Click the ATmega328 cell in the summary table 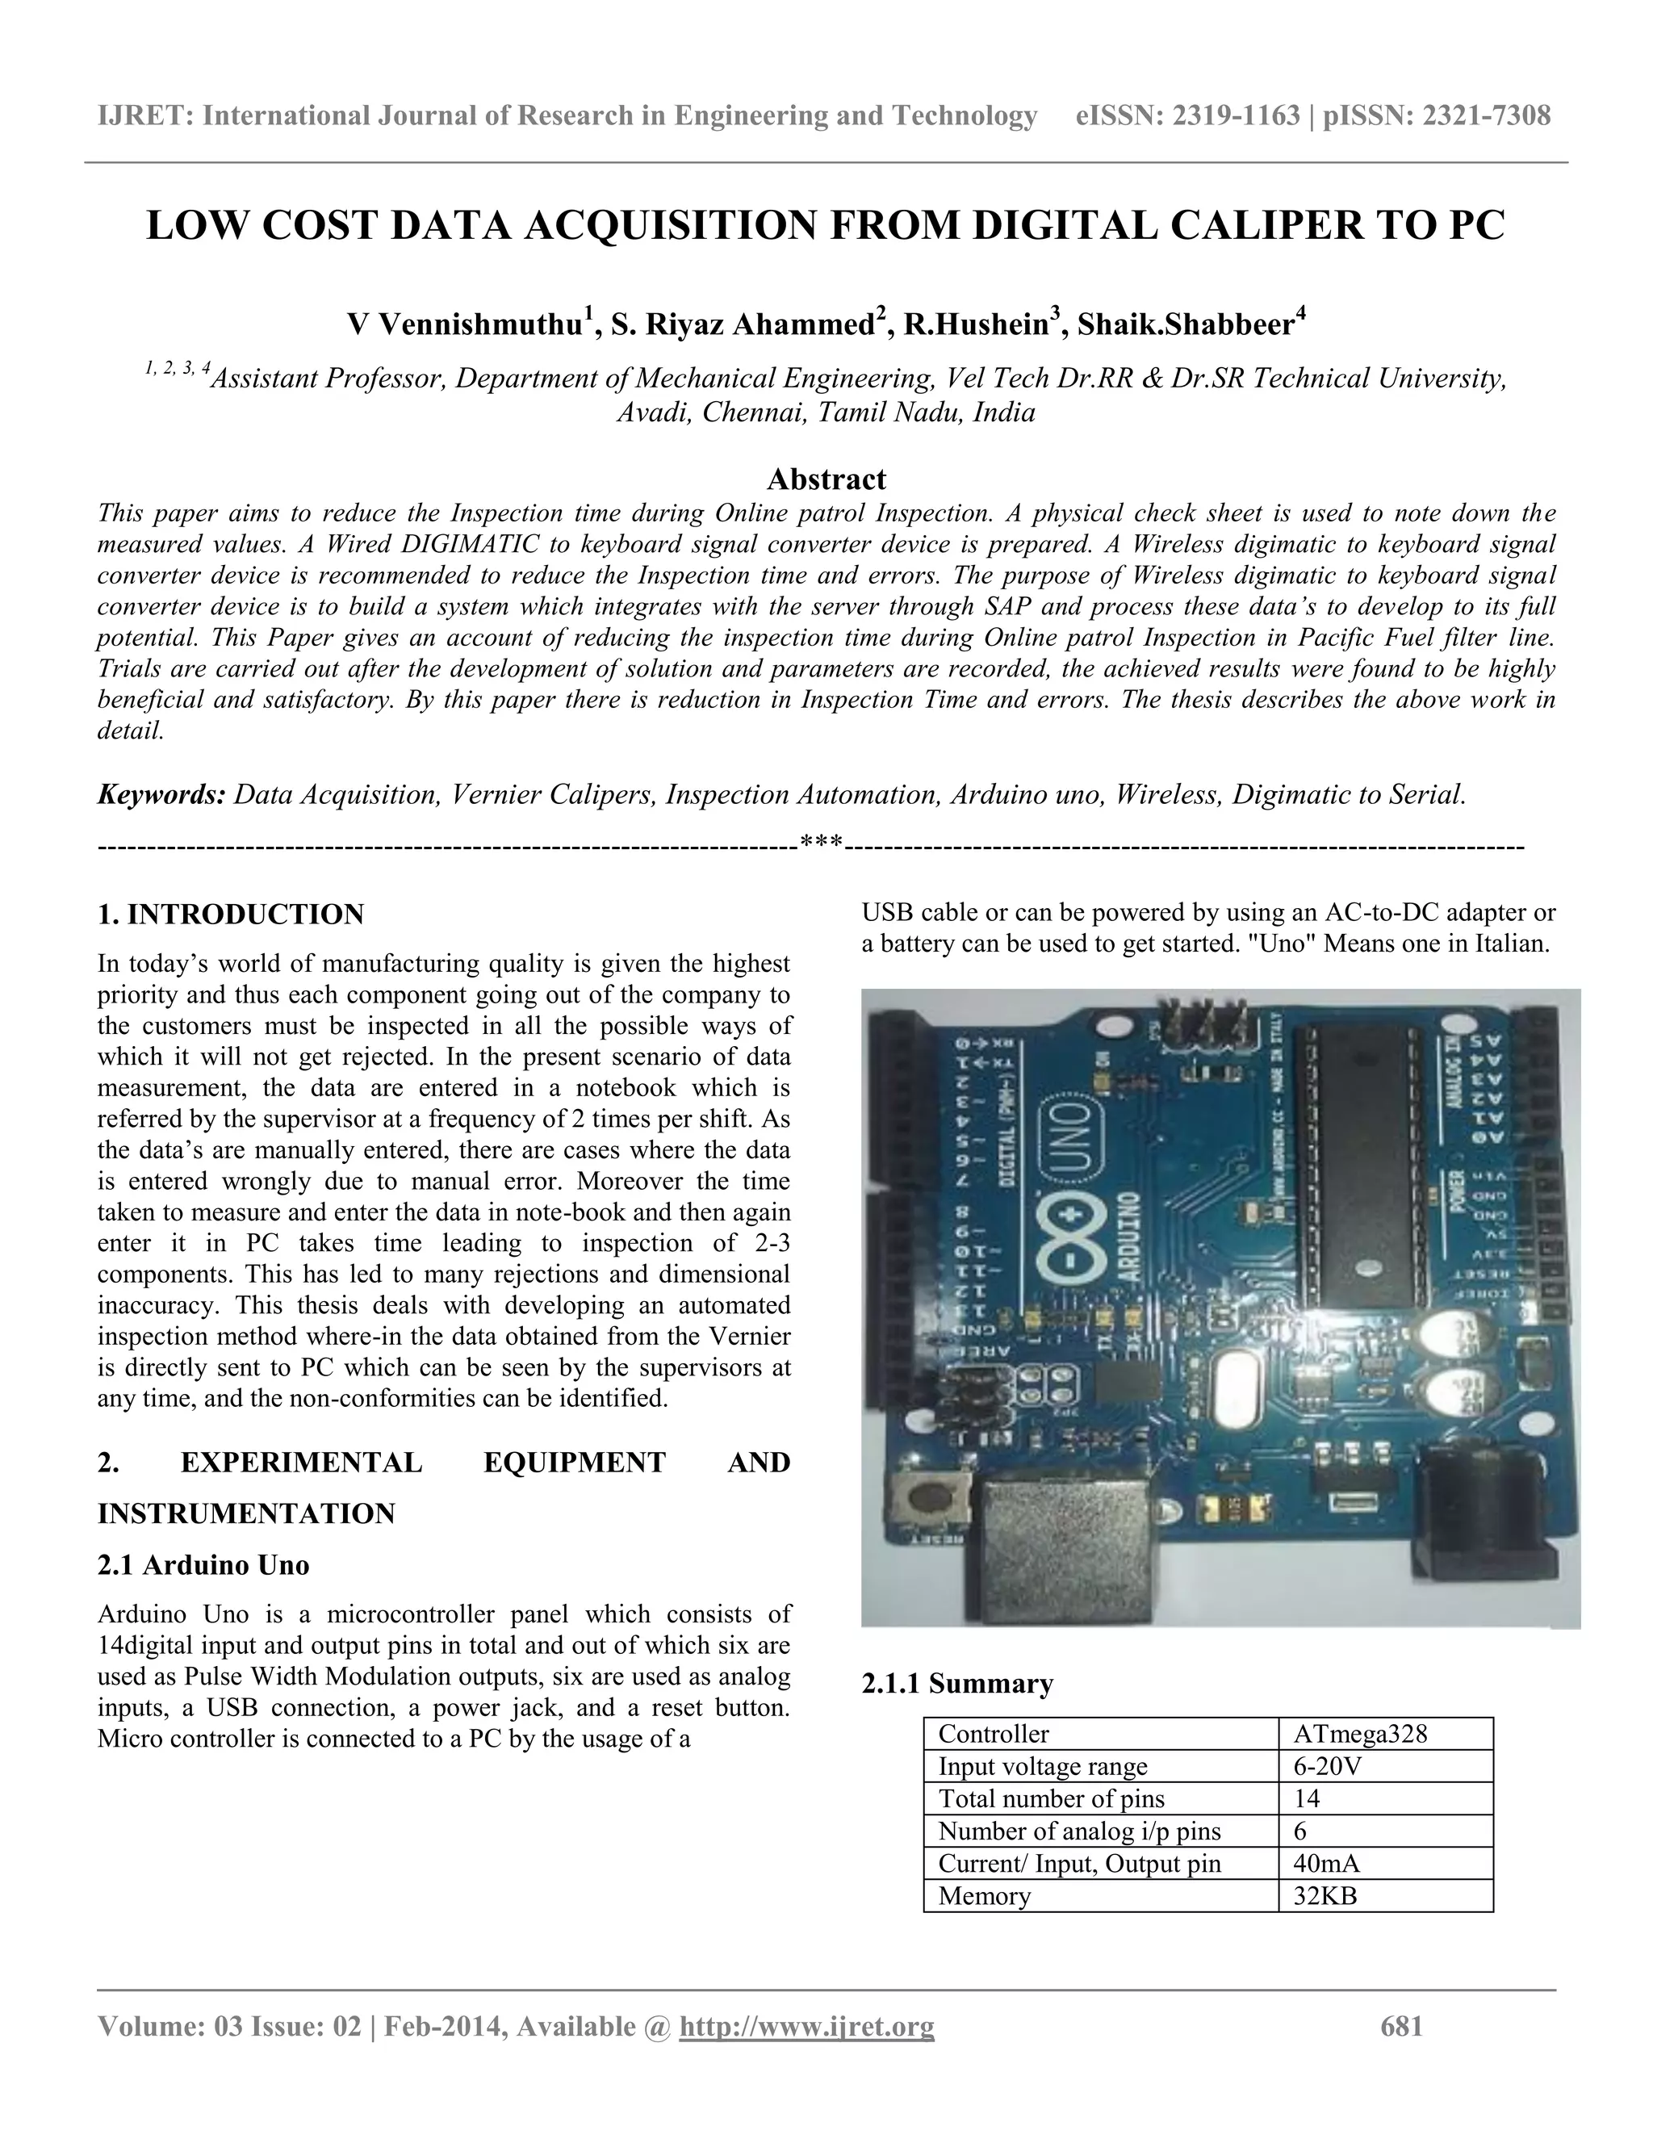click(1359, 1735)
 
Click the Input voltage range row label click(1042, 1767)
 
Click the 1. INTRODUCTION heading click(230, 915)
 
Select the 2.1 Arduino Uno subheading click(203, 1565)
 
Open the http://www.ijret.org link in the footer click(807, 2026)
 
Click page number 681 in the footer click(1400, 2026)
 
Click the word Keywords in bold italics click(161, 794)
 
